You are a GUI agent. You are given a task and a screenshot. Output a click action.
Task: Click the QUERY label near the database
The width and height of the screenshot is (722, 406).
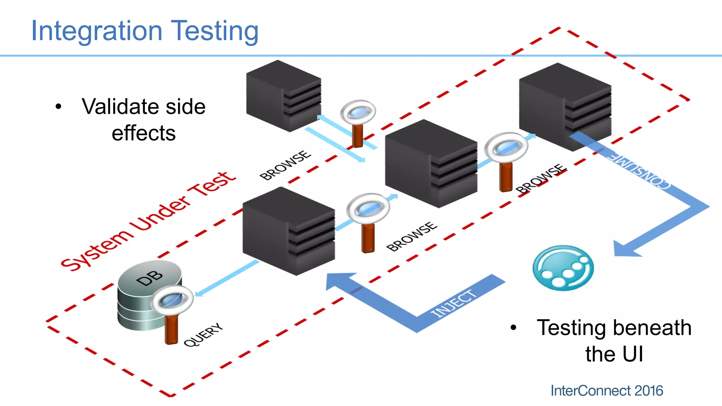coord(203,334)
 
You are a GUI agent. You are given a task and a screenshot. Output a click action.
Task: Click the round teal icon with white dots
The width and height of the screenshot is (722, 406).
coord(563,268)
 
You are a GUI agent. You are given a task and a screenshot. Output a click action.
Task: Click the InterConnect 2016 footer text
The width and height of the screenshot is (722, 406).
coord(606,390)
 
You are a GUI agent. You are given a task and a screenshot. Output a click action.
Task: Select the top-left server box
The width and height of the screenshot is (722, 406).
coord(283,95)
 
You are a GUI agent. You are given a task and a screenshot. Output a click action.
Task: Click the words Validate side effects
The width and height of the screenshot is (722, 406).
coord(143,120)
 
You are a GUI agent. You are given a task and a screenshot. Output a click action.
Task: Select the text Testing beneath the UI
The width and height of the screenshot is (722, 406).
coord(613,340)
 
